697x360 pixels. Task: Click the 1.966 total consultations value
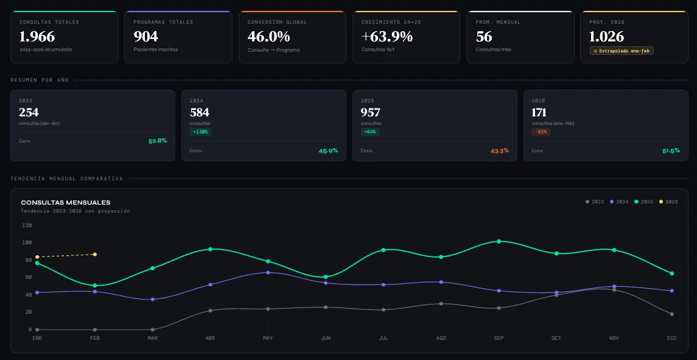pos(37,37)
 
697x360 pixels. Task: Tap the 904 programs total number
pos(146,37)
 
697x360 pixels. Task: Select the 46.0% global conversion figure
pos(268,37)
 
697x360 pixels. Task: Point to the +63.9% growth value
pos(387,37)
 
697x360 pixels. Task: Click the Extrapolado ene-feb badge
pos(622,51)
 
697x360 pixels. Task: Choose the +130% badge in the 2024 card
pos(200,132)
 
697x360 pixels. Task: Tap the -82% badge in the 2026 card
pos(541,132)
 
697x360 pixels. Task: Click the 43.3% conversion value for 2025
pos(499,150)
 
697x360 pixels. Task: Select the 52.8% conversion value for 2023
pos(157,141)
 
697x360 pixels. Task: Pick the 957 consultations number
pos(370,113)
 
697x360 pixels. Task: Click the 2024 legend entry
pos(619,202)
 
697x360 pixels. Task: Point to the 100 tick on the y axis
pos(27,242)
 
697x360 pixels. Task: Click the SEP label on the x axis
pos(499,338)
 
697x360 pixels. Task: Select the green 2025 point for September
pos(499,241)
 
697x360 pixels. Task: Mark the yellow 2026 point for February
pos(94,254)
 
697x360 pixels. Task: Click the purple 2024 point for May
pos(268,272)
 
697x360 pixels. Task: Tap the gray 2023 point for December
pos(671,314)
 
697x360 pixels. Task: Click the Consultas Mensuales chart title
pos(66,202)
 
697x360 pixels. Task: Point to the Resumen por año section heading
pos(40,80)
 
